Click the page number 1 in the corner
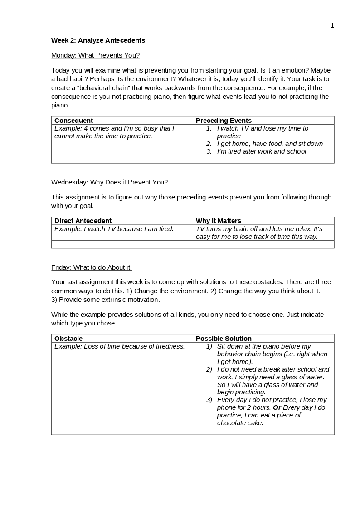[x=332, y=25]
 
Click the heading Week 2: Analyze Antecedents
[x=98, y=40]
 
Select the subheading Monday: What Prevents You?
[x=95, y=55]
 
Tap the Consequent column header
[x=73, y=121]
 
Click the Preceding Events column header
[x=224, y=121]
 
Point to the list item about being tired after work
[x=261, y=151]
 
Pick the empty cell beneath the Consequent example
[x=122, y=159]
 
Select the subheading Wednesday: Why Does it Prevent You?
[x=109, y=182]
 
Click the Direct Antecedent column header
[x=83, y=221]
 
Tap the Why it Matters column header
[x=219, y=221]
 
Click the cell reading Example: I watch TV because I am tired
[x=114, y=229]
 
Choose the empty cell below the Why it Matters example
[x=263, y=244]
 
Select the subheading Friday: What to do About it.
[x=92, y=267]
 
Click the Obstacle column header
[x=68, y=339]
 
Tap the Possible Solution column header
[x=224, y=339]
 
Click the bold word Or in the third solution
[x=277, y=407]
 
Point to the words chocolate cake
[x=240, y=423]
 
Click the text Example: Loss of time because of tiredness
[x=120, y=346]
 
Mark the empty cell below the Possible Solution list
[x=263, y=431]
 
